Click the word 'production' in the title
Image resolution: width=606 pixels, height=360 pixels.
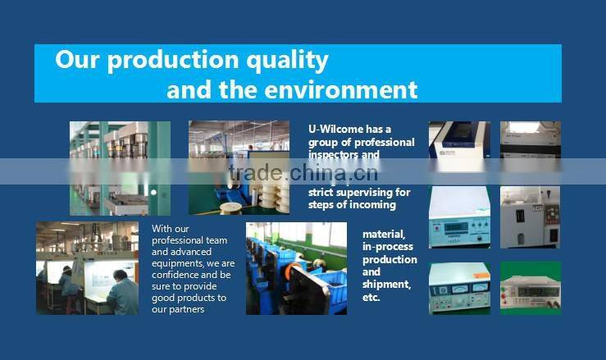click(163, 61)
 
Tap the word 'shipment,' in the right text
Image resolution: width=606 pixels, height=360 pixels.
click(386, 284)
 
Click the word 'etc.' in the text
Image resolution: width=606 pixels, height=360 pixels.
click(371, 297)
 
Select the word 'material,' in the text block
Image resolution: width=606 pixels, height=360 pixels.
click(384, 235)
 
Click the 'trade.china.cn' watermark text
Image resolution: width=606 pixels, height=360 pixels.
click(303, 172)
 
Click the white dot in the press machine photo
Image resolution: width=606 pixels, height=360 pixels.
click(153, 192)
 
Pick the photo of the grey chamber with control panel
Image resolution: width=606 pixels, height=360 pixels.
click(530, 216)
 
